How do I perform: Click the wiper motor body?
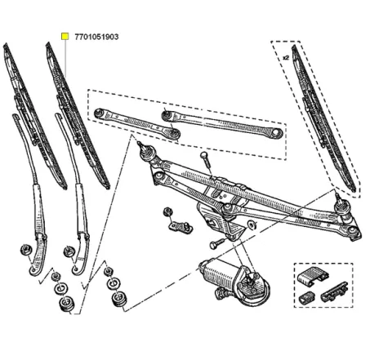coord(219,270)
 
